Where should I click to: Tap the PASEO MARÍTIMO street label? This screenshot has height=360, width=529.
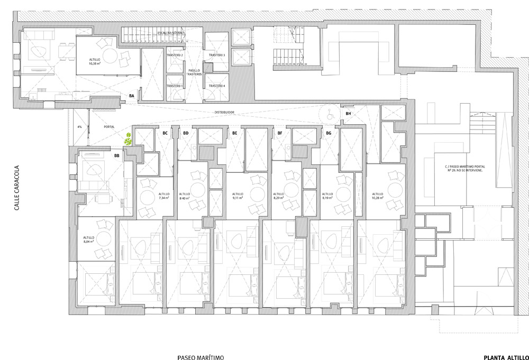pos(200,358)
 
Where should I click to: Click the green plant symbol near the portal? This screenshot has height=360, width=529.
pos(129,140)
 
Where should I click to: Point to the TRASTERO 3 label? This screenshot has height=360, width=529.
pos(217,56)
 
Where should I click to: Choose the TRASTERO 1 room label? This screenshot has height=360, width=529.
pos(174,86)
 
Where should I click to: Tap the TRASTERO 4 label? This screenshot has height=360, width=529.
pos(217,86)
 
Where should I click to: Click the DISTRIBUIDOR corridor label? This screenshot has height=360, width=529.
pos(224,113)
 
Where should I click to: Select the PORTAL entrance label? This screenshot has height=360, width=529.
pos(110,127)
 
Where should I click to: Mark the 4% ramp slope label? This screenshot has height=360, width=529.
pos(79,127)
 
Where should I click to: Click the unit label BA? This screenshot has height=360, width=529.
pos(132,96)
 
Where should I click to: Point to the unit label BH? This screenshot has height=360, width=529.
pos(348,114)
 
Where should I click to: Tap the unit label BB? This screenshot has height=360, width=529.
pos(116,156)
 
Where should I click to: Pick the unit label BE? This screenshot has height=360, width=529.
pos(234,133)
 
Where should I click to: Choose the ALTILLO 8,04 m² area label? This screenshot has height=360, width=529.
pos(89,241)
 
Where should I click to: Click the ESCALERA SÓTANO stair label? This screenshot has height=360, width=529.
pos(171,33)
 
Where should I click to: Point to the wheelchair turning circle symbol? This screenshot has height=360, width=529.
pos(328,113)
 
